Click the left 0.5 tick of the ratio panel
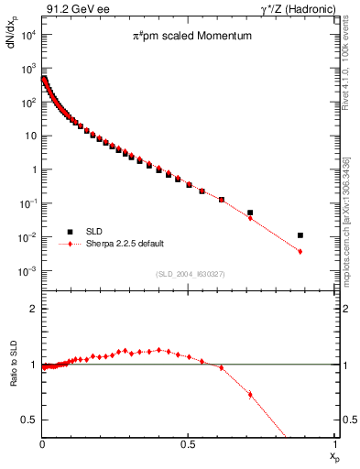click(x=32, y=420)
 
